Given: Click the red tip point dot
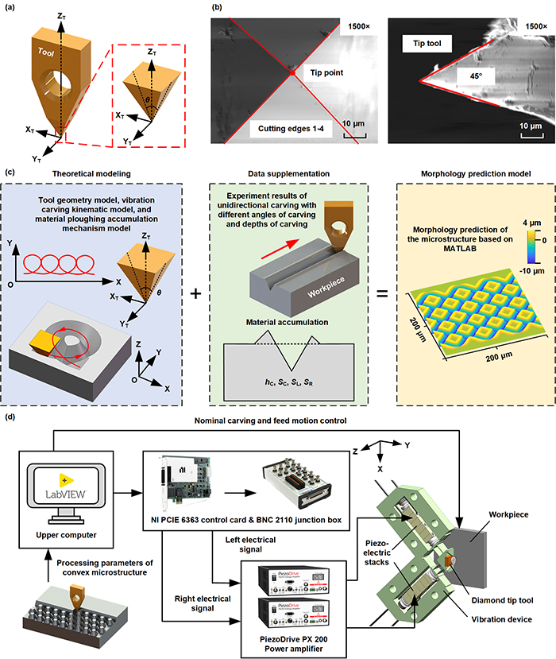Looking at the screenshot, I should tap(294, 72).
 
